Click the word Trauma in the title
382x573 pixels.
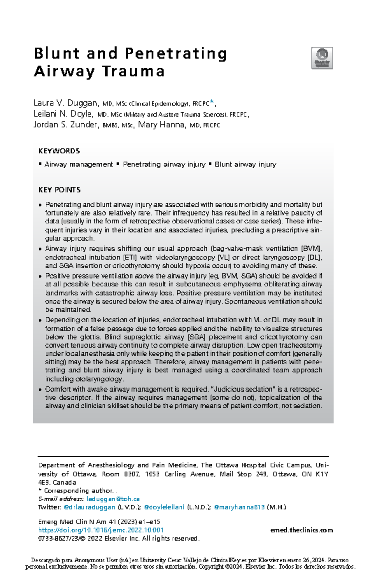133,71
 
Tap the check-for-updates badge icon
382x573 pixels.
322,58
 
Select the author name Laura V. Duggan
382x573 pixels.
66,103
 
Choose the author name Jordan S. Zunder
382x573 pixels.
65,125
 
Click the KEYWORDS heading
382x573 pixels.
59,151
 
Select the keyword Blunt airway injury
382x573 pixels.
245,165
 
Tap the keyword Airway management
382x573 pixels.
78,165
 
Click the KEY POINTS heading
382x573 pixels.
59,190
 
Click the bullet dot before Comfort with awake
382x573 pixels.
40,390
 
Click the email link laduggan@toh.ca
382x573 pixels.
113,499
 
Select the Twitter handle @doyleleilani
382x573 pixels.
164,507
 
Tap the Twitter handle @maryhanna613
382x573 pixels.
239,507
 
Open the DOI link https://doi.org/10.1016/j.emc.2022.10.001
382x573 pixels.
101,530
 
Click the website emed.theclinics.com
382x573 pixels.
301,530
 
